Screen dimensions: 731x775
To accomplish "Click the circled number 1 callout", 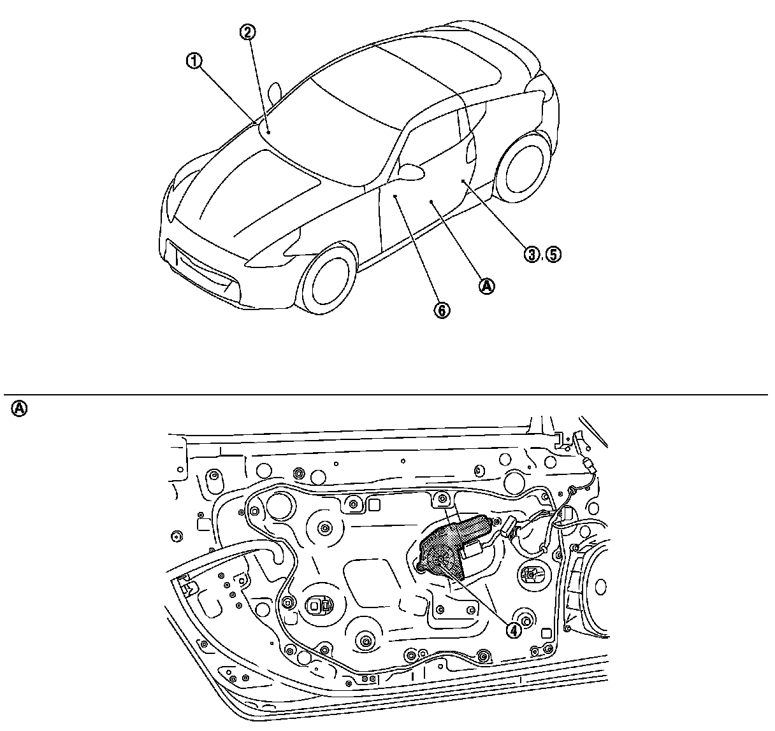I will coord(194,61).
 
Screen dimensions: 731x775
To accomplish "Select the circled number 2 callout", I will coord(248,31).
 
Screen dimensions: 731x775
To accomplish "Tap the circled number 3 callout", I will coord(531,255).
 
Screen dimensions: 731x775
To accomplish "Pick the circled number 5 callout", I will coord(553,255).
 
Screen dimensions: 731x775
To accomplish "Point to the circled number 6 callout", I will coord(442,309).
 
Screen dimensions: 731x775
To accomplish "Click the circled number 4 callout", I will coord(513,629).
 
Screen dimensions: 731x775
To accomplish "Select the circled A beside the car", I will coord(486,286).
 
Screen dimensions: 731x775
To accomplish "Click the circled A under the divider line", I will coord(20,408).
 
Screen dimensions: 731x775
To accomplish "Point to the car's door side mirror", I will coord(412,171).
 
